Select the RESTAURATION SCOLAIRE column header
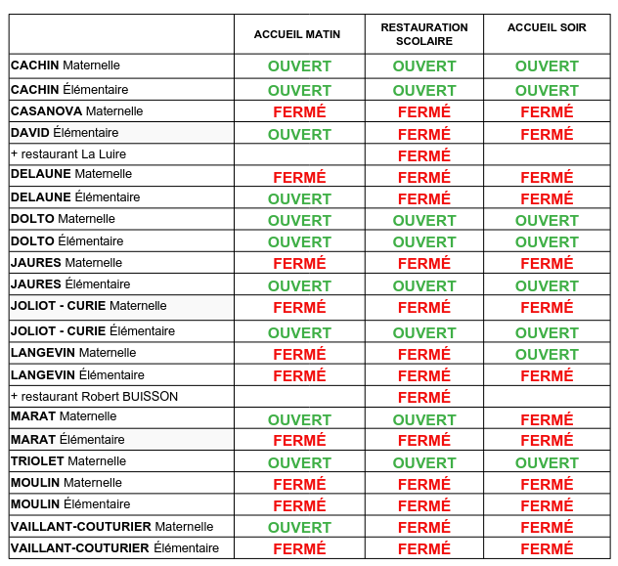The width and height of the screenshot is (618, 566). pyautogui.click(x=423, y=34)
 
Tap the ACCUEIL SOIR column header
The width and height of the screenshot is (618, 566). pyautogui.click(x=547, y=28)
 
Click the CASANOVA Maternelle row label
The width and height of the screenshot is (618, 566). pyautogui.click(x=77, y=111)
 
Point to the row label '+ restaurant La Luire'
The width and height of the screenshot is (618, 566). pyautogui.click(x=68, y=154)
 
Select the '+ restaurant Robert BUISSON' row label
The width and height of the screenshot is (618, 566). pyautogui.click(x=94, y=397)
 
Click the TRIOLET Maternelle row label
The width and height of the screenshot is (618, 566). pyautogui.click(x=68, y=461)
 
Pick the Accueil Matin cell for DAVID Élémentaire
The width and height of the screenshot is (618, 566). pyautogui.click(x=299, y=134)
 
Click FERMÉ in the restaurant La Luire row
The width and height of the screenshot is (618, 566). pyautogui.click(x=424, y=155)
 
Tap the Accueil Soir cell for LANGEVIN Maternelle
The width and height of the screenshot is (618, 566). pyautogui.click(x=547, y=354)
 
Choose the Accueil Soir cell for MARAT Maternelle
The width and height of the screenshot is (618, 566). pyautogui.click(x=547, y=419)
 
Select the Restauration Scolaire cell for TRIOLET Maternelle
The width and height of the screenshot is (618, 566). pyautogui.click(x=424, y=462)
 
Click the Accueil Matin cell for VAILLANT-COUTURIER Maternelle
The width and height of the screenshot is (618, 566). pyautogui.click(x=299, y=528)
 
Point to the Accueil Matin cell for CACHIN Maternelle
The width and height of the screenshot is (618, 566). pyautogui.click(x=299, y=66)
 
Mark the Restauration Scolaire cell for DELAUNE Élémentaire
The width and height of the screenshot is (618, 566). pyautogui.click(x=424, y=198)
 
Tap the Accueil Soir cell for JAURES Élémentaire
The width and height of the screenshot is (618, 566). pyautogui.click(x=547, y=285)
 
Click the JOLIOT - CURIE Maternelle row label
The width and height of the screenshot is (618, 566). pyautogui.click(x=89, y=306)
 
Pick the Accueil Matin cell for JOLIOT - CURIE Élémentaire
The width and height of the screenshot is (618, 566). pyautogui.click(x=299, y=332)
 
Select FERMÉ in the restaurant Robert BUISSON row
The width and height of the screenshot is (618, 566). pyautogui.click(x=424, y=398)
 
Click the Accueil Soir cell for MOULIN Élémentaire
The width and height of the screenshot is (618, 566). pyautogui.click(x=547, y=505)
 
